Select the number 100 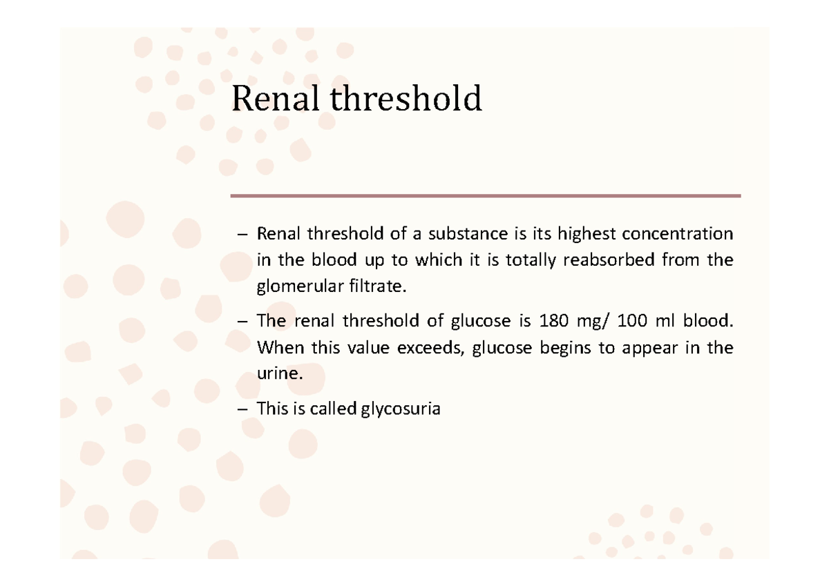coord(631,321)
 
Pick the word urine coord(279,375)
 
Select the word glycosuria coord(400,409)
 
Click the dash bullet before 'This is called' coord(241,409)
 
